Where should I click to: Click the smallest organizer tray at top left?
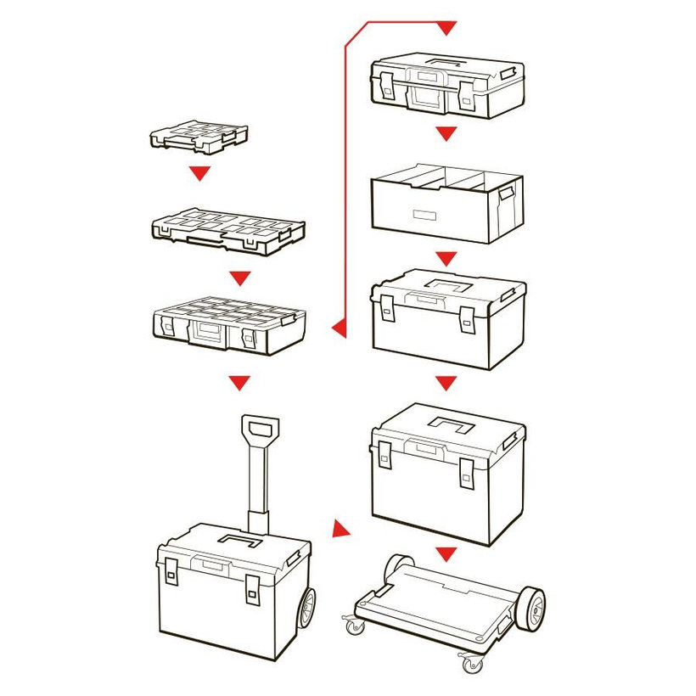199,137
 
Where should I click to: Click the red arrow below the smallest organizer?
199,173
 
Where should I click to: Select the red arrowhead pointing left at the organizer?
339,325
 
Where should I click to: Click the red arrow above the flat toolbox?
446,29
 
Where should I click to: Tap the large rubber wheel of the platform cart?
530,609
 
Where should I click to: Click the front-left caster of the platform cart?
353,626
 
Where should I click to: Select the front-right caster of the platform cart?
470,660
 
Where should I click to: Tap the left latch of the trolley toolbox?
171,575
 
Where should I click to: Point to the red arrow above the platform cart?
446,554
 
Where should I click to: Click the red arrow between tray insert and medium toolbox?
446,258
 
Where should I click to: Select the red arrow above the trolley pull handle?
241,383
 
